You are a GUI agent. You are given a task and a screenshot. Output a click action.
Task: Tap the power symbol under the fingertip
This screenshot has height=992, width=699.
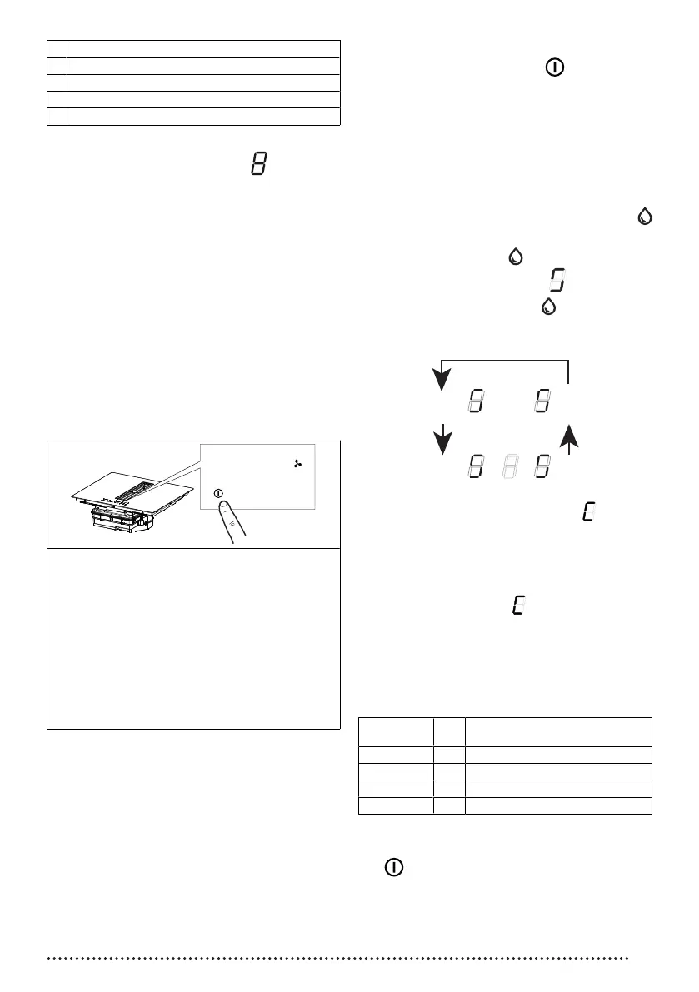(218, 492)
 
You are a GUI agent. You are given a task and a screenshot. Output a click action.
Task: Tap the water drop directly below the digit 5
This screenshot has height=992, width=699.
(548, 307)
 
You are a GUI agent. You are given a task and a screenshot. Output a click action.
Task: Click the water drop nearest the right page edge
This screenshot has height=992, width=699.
(644, 217)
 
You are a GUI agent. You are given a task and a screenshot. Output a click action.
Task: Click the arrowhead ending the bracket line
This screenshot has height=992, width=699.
(442, 380)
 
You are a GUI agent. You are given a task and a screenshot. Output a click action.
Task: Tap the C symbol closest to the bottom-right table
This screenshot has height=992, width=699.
(518, 606)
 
